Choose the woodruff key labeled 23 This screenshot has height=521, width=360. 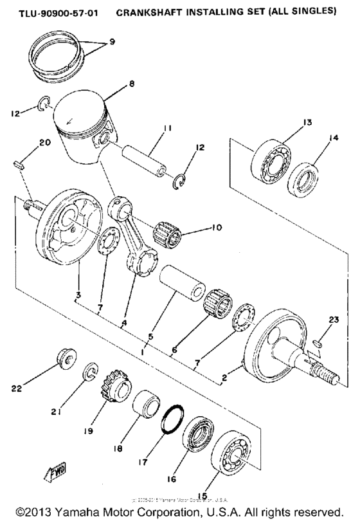[x=318, y=343]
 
